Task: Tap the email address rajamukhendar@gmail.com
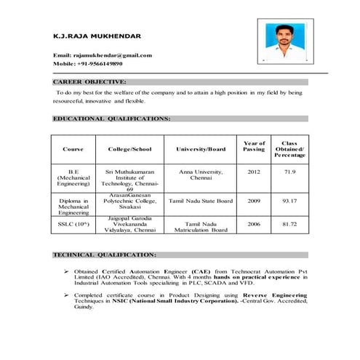coord(103,55)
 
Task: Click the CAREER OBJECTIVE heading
coord(90,82)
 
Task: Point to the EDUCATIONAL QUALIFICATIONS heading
coord(112,117)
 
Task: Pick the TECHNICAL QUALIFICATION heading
coord(105,255)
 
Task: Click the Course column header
coord(73,149)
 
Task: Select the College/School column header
coord(129,149)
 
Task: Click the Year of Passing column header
coord(254,146)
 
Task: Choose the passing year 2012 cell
coord(254,172)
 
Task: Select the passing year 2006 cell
coord(254,224)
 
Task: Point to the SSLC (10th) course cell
coord(73,224)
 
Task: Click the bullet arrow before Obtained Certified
coord(66,269)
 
